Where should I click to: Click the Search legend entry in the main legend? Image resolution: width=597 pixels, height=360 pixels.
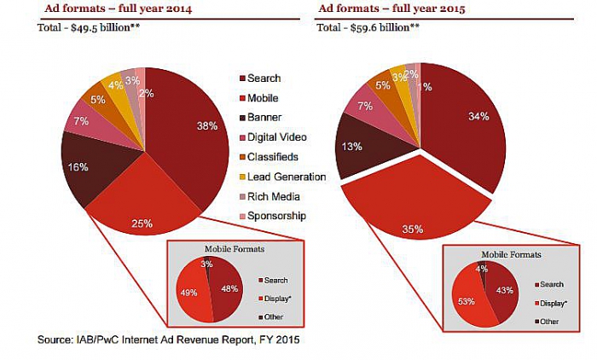coord(262,79)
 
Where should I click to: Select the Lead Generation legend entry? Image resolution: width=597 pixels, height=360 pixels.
coord(287,177)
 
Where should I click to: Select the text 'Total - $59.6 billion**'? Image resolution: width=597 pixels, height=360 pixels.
coord(368,29)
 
